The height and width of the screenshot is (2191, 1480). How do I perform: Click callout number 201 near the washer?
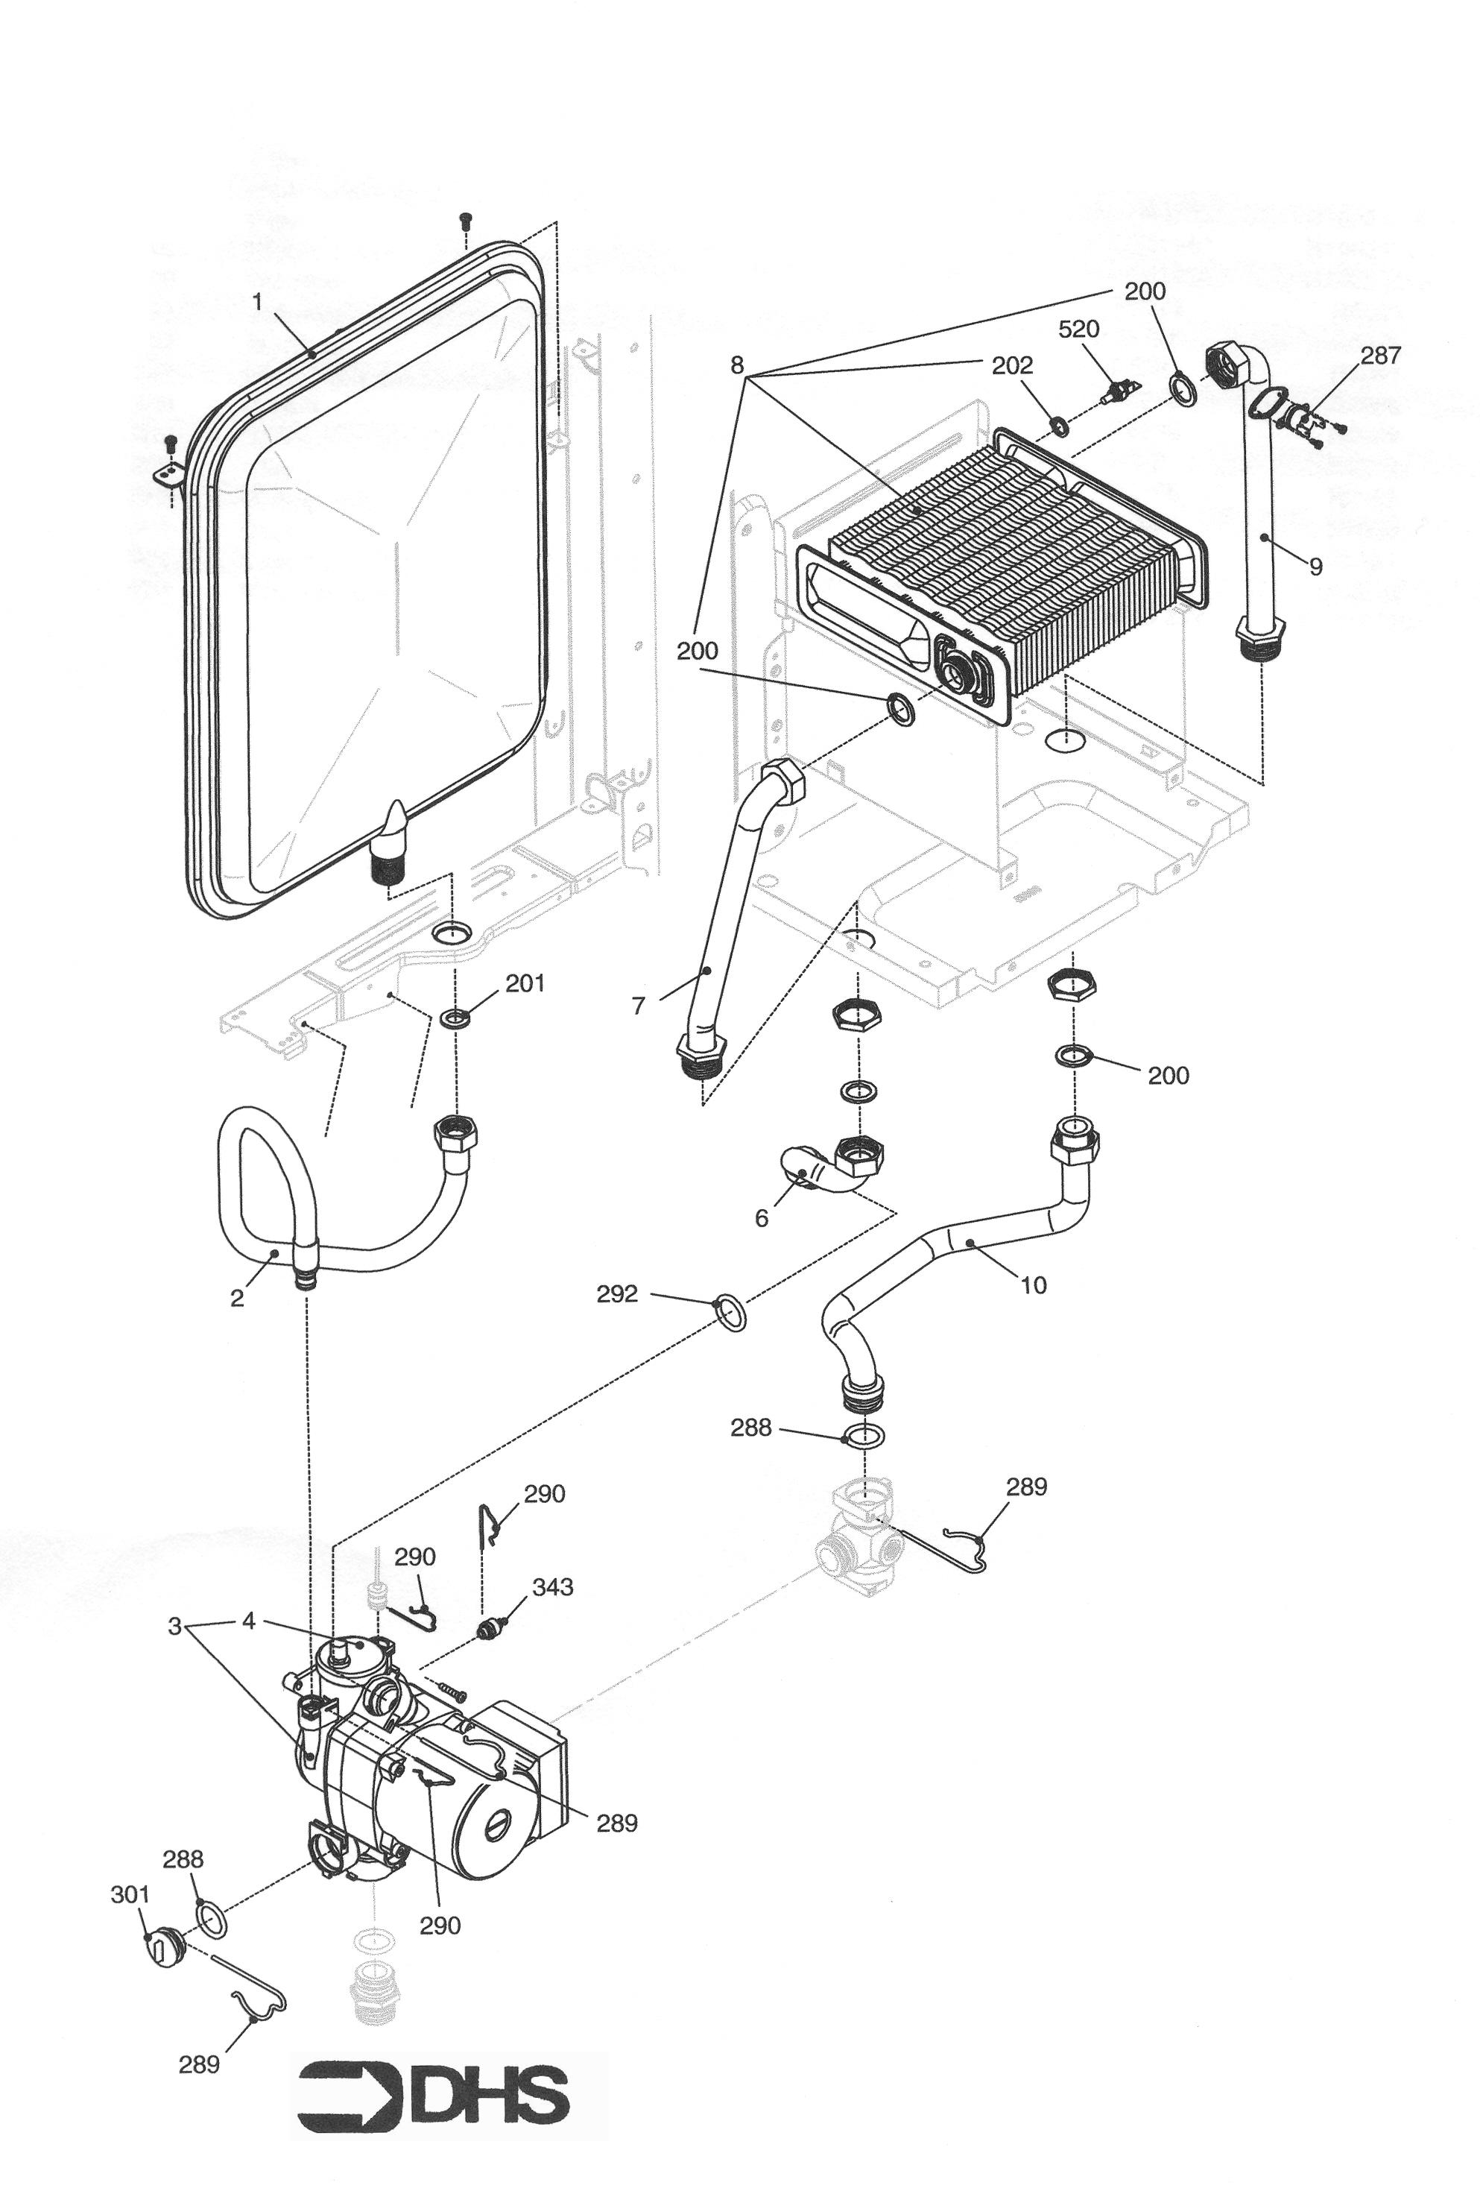[525, 983]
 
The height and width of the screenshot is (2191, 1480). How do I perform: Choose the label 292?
[616, 1294]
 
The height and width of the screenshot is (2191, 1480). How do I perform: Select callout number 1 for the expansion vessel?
[256, 304]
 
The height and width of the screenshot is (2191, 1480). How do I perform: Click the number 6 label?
[762, 1218]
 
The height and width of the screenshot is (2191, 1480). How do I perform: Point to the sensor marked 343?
[491, 1628]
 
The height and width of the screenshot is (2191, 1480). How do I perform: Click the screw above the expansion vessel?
[463, 222]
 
